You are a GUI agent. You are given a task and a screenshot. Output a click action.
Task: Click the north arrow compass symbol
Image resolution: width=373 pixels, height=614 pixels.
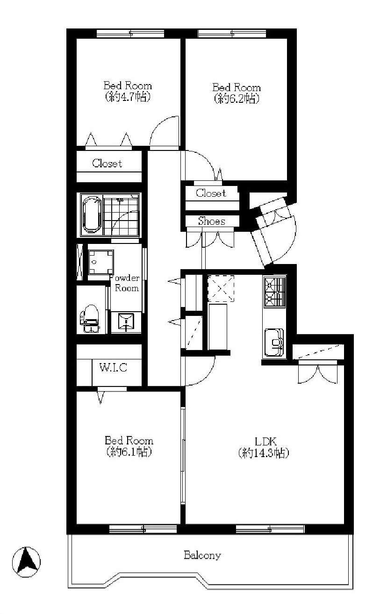pos(26,562)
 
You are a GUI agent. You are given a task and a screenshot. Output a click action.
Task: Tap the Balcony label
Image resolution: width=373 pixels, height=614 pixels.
pos(202,555)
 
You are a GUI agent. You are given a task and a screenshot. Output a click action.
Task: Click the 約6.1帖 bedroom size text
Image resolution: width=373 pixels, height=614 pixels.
pos(129,452)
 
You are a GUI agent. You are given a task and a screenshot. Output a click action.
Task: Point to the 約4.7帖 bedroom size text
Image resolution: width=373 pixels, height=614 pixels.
pos(128,97)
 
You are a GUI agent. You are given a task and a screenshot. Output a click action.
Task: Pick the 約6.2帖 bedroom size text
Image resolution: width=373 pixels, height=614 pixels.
pos(237,99)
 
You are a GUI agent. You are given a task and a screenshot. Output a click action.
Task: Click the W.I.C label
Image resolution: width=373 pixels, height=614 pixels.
pos(113,367)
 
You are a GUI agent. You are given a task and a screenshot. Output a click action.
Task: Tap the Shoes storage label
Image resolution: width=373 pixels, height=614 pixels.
pos(212,221)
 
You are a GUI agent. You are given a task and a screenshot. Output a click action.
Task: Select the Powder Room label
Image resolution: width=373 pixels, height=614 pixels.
pos(126,283)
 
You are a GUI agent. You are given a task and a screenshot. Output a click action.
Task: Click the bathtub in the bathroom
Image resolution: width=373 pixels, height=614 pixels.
pos(91,214)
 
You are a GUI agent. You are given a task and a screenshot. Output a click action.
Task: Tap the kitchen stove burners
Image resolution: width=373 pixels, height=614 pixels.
pos(274,292)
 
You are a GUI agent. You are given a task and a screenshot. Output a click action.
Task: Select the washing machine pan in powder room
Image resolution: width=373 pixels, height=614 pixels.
pos(101,262)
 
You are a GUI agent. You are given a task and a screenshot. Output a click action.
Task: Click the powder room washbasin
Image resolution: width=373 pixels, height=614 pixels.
pos(126,321)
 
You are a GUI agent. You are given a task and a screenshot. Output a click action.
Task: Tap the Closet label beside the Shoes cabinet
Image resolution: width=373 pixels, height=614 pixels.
pos(211,193)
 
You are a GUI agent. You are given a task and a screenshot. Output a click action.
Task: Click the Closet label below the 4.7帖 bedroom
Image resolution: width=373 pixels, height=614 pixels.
pos(107,164)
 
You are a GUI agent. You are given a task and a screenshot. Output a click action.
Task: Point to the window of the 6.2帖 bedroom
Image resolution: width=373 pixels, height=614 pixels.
pos(232,34)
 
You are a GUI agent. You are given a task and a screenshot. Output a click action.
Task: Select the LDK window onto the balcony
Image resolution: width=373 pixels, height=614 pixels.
pos(270,529)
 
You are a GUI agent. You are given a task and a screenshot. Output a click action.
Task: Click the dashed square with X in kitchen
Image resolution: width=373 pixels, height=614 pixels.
pos(221,288)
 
